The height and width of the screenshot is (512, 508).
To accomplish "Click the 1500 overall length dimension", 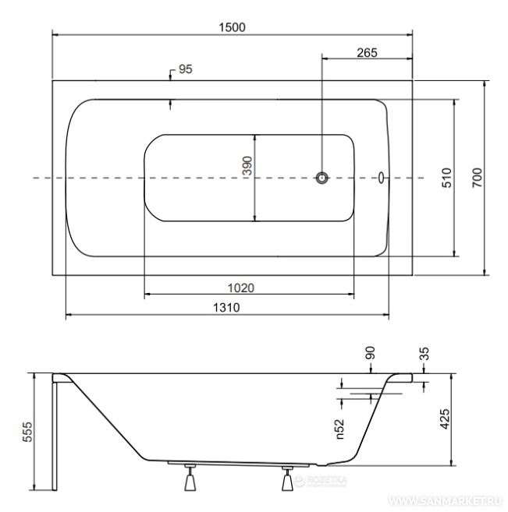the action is tap(232, 27).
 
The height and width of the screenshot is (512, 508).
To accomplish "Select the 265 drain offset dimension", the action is tap(367, 52).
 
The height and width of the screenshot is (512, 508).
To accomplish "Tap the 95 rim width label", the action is tap(186, 69).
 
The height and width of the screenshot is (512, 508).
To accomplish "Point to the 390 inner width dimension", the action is tap(248, 166).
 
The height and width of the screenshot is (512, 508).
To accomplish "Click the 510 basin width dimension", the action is tap(446, 178).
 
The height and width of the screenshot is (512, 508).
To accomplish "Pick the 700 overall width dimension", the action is tap(477, 178).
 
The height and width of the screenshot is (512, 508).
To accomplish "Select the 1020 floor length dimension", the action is tap(241, 288).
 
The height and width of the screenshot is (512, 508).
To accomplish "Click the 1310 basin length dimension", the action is tap(226, 308).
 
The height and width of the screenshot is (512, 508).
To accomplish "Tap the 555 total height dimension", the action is tap(27, 432).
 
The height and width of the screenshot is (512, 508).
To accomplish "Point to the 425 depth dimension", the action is tap(445, 419).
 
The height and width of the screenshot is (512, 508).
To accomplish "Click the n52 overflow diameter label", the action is tap(340, 429).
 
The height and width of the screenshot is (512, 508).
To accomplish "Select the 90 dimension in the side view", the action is tap(370, 353).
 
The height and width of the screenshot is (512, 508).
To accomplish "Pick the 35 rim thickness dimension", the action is tap(424, 353).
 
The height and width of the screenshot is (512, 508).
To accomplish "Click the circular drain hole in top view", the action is tap(322, 178).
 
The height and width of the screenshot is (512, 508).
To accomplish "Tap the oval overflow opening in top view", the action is tap(381, 178).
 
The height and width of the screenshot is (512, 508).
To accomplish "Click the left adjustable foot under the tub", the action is tap(190, 477).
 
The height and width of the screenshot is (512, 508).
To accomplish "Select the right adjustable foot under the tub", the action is tap(287, 478).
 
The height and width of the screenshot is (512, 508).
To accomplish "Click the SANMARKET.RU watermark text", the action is tap(445, 500).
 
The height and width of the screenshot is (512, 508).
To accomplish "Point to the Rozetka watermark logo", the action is tap(320, 481).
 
